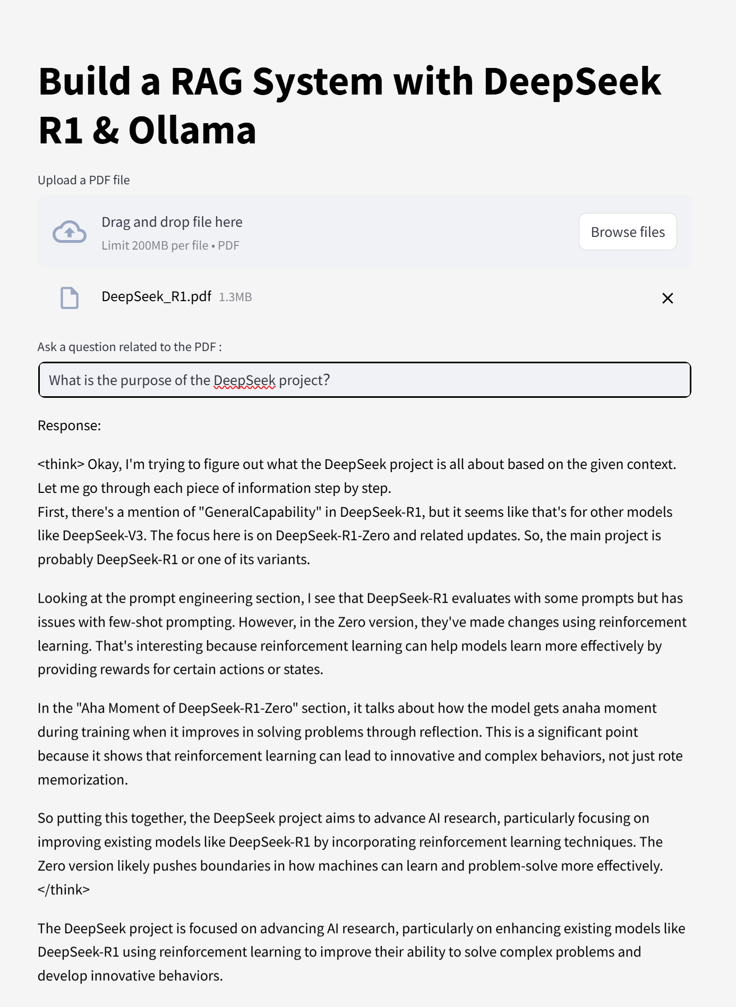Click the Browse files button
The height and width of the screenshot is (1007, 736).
click(627, 232)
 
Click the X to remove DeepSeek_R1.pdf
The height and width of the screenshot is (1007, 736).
click(667, 298)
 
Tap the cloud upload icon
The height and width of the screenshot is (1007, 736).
click(70, 232)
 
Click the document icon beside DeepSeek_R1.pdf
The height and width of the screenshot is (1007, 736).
click(70, 298)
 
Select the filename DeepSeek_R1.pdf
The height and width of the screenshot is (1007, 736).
click(156, 296)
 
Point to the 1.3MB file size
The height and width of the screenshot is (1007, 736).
click(235, 297)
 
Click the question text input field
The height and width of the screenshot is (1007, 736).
click(364, 380)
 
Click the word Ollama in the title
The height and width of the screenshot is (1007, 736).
click(192, 131)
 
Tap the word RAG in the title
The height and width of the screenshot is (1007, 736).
click(206, 82)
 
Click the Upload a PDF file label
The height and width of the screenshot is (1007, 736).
click(83, 180)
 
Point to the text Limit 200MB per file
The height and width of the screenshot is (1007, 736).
click(155, 245)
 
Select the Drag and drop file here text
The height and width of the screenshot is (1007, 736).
click(172, 222)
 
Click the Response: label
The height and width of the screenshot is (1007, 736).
click(69, 425)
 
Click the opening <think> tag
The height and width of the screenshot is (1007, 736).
click(61, 464)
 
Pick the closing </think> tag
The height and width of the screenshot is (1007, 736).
click(64, 890)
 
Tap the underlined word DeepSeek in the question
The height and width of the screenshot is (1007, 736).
click(244, 380)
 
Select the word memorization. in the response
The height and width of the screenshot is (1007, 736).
click(83, 780)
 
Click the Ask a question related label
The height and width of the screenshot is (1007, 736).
click(130, 347)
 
